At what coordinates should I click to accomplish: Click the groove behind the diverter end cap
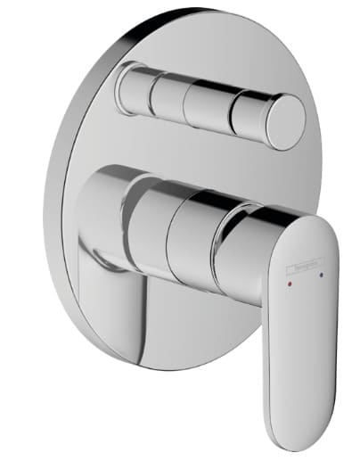tap(265, 116)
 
